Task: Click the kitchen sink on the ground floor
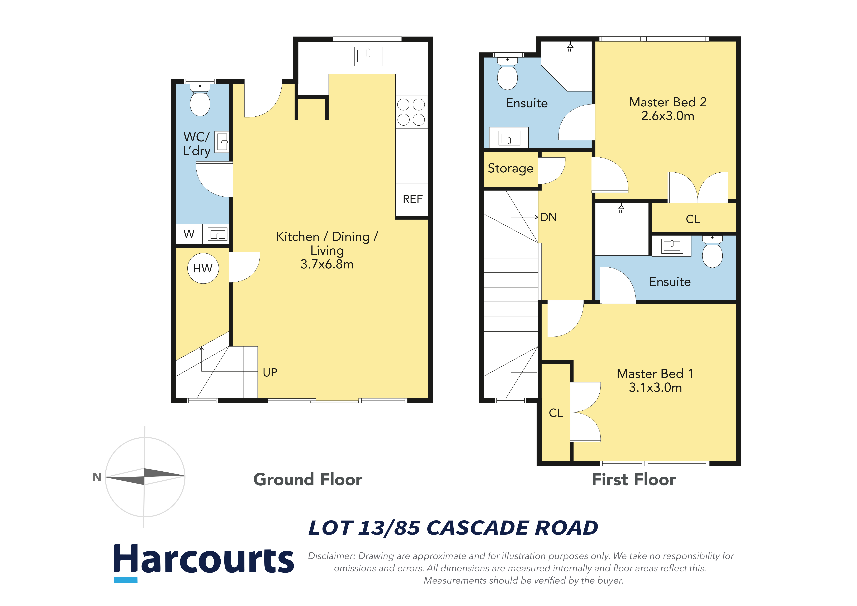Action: (368, 56)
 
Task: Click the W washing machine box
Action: (189, 234)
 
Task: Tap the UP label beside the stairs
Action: (270, 372)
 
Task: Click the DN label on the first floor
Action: (548, 217)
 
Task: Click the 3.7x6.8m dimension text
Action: (327, 264)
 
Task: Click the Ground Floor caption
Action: (308, 480)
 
